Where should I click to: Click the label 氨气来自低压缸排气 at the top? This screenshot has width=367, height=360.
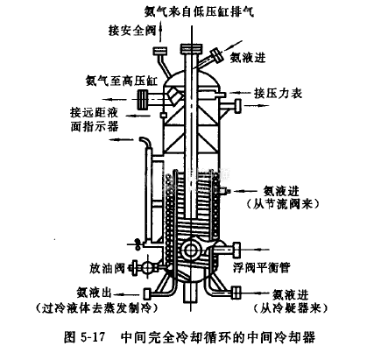click(x=199, y=12)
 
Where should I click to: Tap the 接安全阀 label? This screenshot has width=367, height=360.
click(x=132, y=30)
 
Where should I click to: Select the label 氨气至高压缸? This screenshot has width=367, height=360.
click(x=122, y=81)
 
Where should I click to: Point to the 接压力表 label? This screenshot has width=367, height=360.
click(x=278, y=93)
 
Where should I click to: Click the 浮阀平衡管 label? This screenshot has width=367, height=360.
click(x=261, y=267)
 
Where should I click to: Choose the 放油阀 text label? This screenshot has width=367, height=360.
click(x=107, y=268)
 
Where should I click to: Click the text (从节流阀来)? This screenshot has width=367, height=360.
click(x=283, y=203)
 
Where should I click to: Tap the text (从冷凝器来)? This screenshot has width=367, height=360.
click(x=291, y=308)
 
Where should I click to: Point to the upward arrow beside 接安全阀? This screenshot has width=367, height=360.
click(x=160, y=33)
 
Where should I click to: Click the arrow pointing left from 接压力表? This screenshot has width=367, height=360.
click(x=240, y=93)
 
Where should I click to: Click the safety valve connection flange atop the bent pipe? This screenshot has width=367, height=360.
click(x=160, y=51)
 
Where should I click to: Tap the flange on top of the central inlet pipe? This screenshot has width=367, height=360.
click(x=191, y=48)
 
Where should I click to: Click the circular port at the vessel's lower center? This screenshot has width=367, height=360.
click(x=191, y=250)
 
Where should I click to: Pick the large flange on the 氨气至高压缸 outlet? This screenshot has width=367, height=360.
click(x=143, y=99)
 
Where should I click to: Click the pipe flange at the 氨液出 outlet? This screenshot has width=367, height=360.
click(x=147, y=293)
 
